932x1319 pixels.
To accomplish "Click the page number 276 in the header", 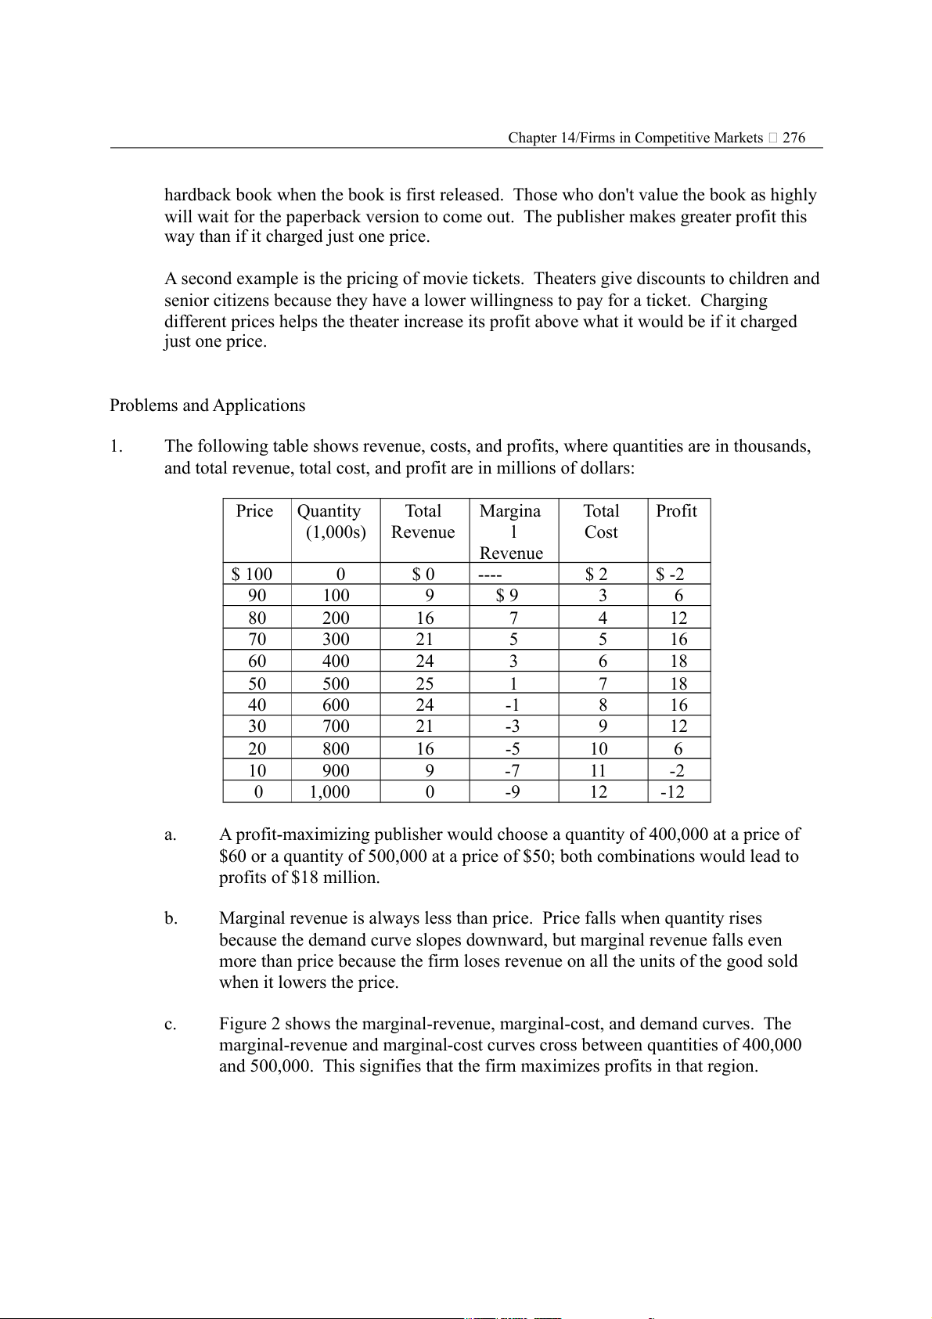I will pos(793,138).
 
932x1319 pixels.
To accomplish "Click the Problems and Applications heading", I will pos(207,405).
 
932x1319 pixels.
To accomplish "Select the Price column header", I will pos(254,511).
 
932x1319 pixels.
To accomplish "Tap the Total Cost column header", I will pos(601,521).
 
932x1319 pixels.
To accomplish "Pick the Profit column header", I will pos(676,511).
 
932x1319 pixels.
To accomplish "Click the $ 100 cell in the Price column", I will pos(252,575).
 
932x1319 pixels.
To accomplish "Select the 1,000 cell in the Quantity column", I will pos(329,792).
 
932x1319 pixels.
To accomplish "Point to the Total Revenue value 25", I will pos(425,683).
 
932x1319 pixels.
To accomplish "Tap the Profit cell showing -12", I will pos(672,792).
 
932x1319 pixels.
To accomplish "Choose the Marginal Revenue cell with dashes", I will pos(490,575).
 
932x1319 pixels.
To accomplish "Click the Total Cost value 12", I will pos(599,792).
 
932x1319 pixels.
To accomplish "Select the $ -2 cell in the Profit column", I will pos(670,575).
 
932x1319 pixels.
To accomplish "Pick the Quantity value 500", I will pos(336,683).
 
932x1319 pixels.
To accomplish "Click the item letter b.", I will pos(171,919).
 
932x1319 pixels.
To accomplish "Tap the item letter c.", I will pos(171,1025).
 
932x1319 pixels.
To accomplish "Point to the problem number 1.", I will pos(116,447).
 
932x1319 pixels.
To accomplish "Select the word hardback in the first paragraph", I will pos(198,195).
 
